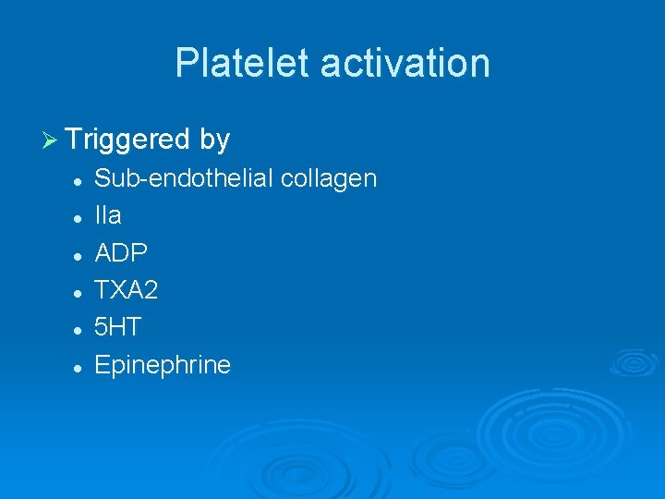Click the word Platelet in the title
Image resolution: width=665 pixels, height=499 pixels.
coord(243,63)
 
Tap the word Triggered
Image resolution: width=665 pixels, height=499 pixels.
coord(127,140)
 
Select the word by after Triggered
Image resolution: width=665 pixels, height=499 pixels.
coord(213,140)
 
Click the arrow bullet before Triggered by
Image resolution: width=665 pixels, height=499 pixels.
coord(51,140)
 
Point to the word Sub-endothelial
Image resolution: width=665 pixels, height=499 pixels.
coord(184,178)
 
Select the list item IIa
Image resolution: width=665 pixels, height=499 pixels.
coord(108,215)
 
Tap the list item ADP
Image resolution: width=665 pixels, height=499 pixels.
coord(121,253)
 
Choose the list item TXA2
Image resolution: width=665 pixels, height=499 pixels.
coord(127,290)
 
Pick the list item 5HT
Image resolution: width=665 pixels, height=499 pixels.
coord(118,327)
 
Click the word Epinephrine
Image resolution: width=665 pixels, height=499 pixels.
coord(163,366)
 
